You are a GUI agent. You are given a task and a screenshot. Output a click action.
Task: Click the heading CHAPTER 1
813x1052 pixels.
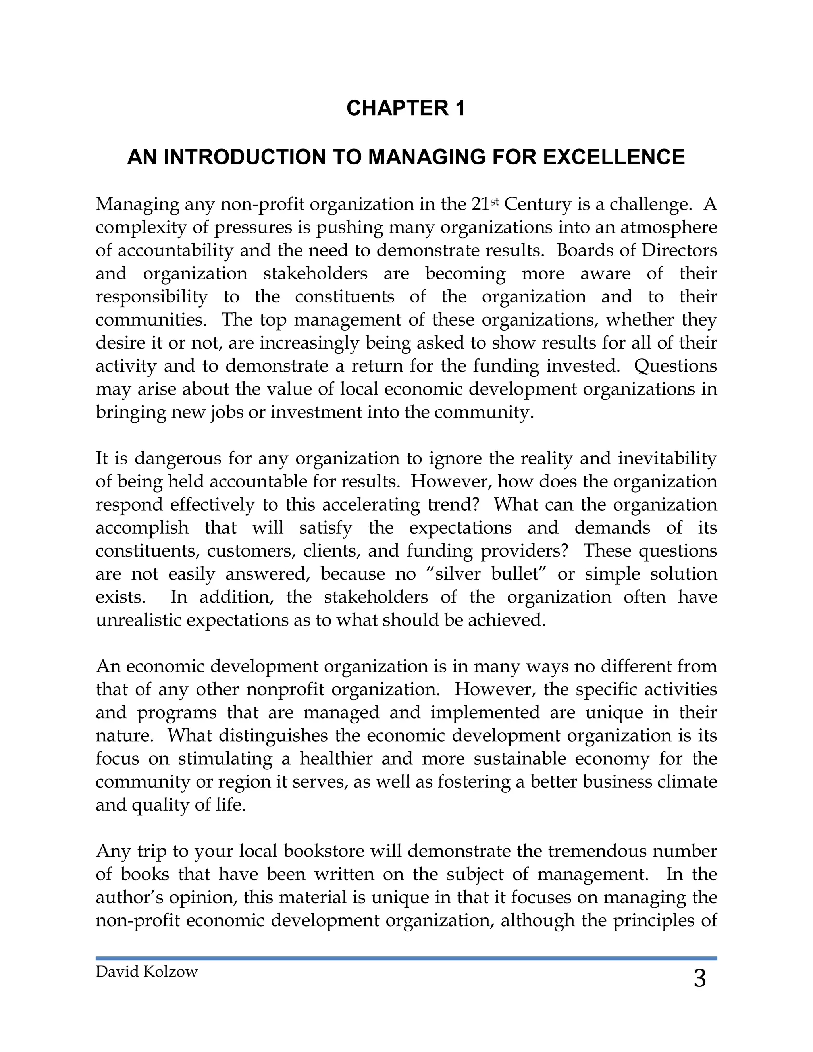point(406,108)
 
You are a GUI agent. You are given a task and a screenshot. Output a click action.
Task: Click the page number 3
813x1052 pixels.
point(699,979)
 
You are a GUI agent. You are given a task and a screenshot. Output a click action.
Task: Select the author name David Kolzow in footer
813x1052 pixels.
point(146,971)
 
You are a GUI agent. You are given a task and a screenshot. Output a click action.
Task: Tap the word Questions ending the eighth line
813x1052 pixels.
point(675,366)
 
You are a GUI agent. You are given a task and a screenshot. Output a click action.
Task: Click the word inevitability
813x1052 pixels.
point(667,458)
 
